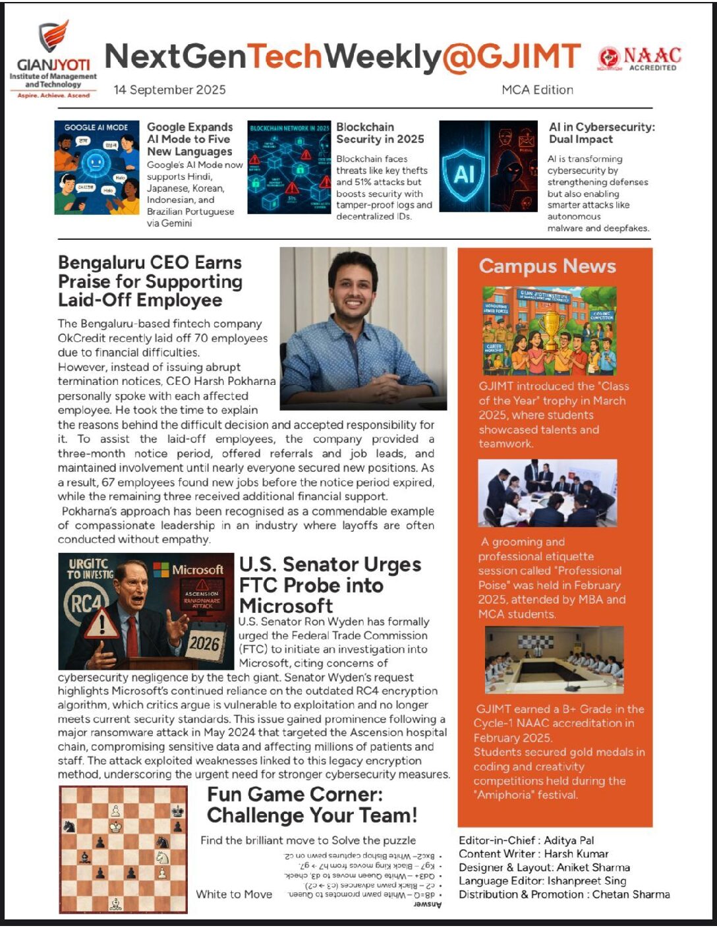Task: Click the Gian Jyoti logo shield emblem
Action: (x=53, y=36)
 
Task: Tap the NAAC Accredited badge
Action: (x=639, y=59)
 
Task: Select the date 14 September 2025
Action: (x=169, y=90)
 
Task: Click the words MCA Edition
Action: (x=537, y=90)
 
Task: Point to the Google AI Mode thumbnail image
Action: (x=97, y=167)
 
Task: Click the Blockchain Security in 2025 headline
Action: (x=380, y=132)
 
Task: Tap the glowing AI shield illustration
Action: (x=464, y=172)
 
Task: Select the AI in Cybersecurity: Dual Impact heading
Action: (x=601, y=132)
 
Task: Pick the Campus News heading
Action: (x=547, y=266)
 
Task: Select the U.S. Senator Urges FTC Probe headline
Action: (x=330, y=585)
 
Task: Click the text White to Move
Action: (x=234, y=894)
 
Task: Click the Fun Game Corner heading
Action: (x=312, y=805)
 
